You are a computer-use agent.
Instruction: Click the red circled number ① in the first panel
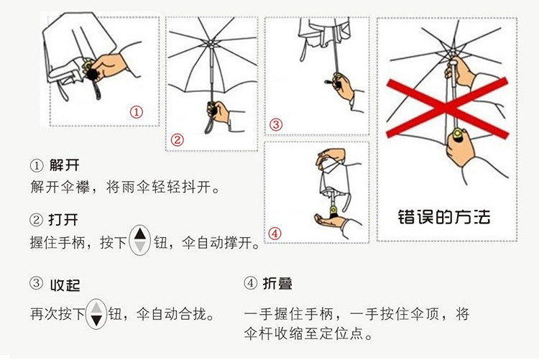point(136,112)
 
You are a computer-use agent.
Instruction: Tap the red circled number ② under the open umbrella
point(177,140)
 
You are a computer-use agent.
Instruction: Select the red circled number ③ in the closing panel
point(276,124)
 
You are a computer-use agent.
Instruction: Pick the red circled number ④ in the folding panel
point(275,234)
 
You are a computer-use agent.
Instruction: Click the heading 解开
point(64,165)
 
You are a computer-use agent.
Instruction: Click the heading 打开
point(63,219)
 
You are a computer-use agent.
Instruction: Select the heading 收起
point(65,285)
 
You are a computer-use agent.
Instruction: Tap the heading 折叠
point(277,284)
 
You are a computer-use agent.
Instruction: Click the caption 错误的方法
point(444,217)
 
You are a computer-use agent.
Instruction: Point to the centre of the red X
point(446,108)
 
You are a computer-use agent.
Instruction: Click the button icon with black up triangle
point(139,240)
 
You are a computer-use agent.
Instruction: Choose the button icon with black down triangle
point(96,314)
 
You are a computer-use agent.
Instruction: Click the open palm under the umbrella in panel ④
point(329,221)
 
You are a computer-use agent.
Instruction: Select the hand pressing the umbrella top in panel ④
point(331,157)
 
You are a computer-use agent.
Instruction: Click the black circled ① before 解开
point(37,165)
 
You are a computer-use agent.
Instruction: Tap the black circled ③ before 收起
point(37,283)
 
